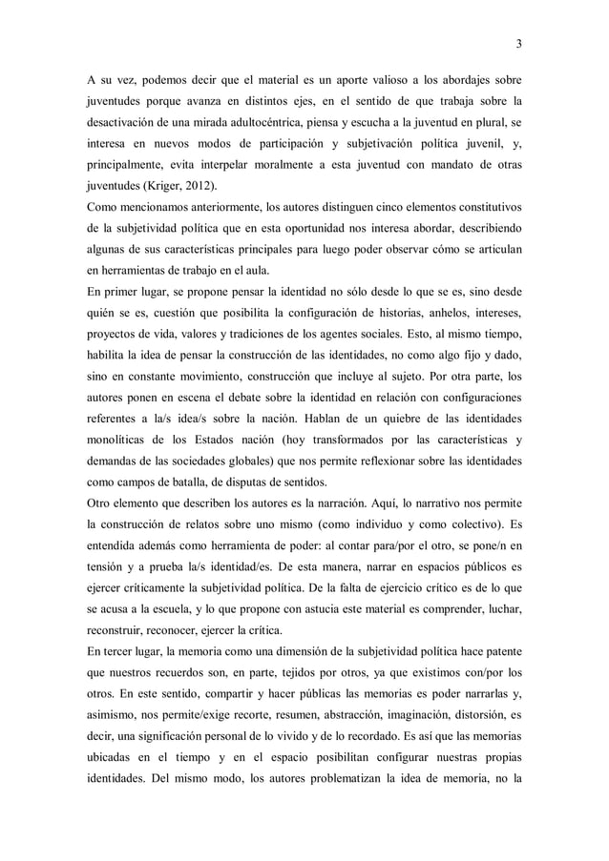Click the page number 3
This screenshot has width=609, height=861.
[x=518, y=43]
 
